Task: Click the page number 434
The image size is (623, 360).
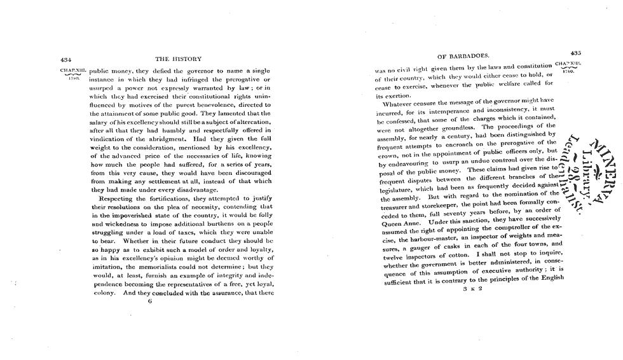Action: (65, 59)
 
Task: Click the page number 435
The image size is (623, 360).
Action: (576, 53)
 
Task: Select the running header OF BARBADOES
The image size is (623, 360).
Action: (463, 55)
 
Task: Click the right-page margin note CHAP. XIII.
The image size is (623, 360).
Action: (568, 64)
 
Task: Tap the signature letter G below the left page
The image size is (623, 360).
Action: (149, 302)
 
